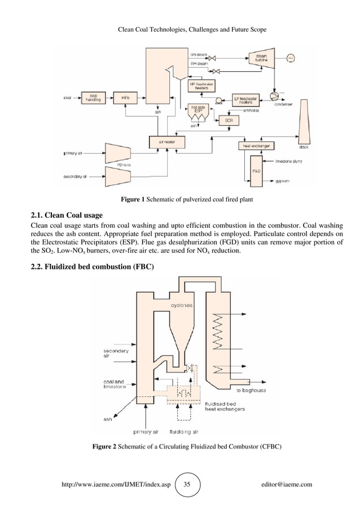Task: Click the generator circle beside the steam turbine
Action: click(x=291, y=58)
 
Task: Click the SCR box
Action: click(x=229, y=120)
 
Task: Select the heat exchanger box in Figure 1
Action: click(x=256, y=146)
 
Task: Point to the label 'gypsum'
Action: click(x=282, y=182)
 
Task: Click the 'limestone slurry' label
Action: click(x=288, y=162)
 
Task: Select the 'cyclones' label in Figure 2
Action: click(x=182, y=306)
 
